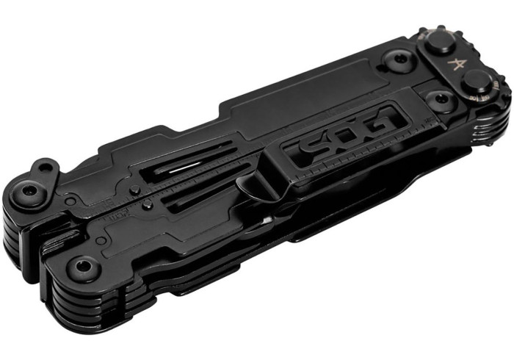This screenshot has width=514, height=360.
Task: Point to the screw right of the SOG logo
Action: click(438, 100)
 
